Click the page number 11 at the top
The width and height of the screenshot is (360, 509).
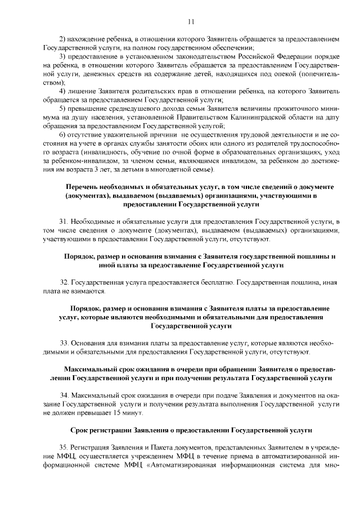[x=191, y=21]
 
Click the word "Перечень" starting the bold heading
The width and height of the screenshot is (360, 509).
[x=82, y=186]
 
